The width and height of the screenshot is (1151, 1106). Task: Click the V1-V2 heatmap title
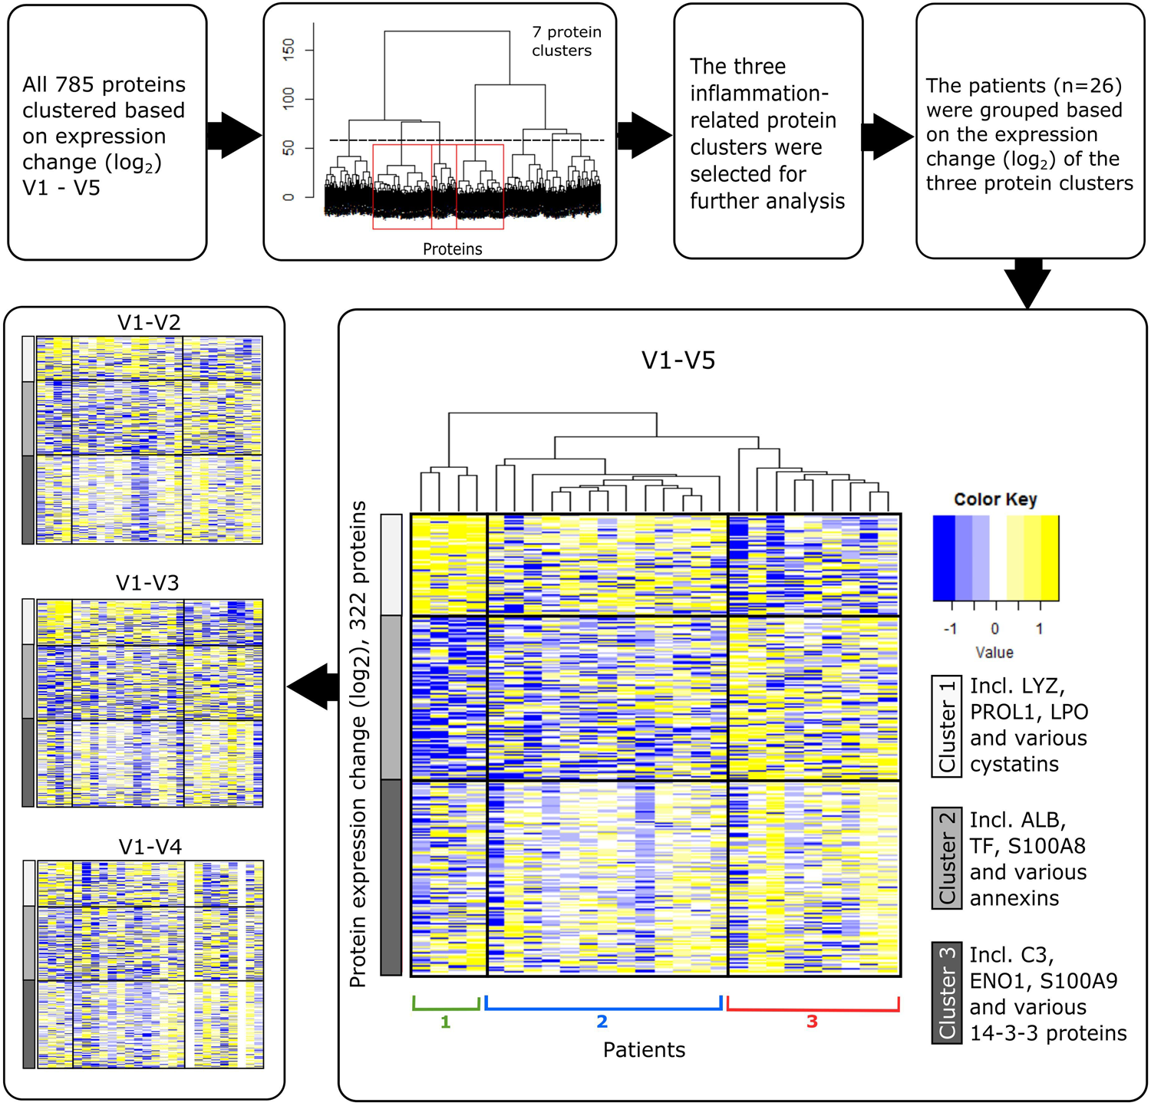149,323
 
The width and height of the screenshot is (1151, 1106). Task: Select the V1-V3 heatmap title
147,584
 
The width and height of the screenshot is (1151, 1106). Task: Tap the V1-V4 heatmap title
150,848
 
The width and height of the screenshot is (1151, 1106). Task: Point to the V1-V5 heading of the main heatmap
678,360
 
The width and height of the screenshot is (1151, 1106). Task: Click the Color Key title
995,499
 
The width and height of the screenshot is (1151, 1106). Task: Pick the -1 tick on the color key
950,629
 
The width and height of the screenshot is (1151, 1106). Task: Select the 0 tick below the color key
994,629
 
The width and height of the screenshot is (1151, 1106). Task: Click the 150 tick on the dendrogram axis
289,51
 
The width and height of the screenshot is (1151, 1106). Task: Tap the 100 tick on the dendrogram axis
289,98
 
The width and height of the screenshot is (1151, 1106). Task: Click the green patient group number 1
445,1022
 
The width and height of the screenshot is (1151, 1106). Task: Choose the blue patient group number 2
602,1022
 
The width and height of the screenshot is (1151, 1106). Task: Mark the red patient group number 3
812,1022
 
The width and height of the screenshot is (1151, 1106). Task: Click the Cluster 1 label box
947,726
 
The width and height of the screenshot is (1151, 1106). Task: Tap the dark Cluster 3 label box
947,992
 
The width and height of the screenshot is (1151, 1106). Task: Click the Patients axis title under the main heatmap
644,1050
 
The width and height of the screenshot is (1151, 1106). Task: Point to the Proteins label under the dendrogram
453,249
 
